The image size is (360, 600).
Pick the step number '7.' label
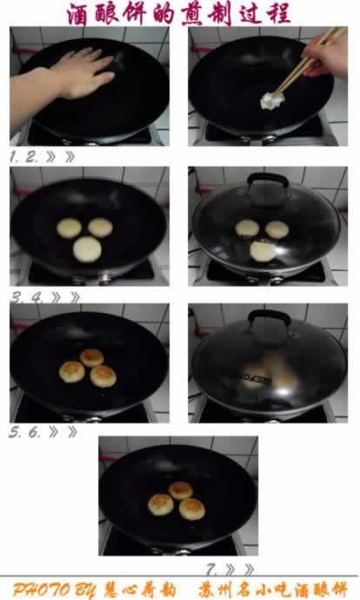coord(212,570)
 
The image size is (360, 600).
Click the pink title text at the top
coord(179,13)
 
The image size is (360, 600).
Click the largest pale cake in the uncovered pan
coord(87,250)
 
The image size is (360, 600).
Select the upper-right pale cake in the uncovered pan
coord(101,228)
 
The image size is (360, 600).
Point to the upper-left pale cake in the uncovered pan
coord(69,229)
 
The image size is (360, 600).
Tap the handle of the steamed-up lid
coord(264,317)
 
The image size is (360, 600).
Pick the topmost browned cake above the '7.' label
coord(181,490)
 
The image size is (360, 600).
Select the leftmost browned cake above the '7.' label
coord(161,503)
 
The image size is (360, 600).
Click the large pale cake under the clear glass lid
coord(263,250)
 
